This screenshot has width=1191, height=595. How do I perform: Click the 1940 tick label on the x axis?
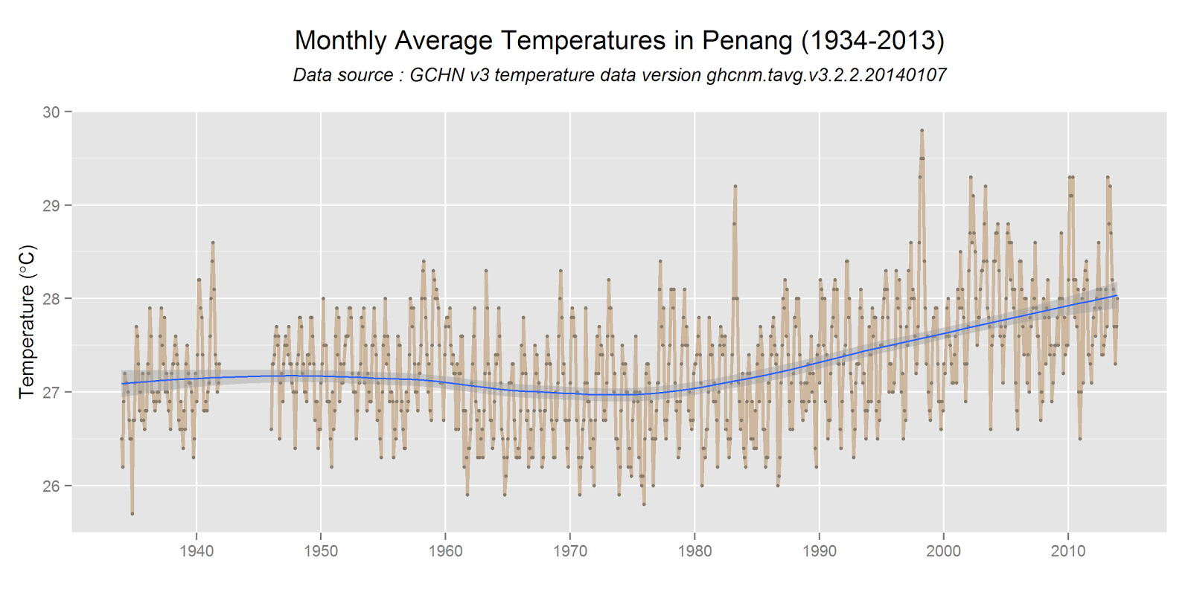pyautogui.click(x=197, y=551)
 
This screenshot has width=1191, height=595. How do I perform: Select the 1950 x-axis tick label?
pyautogui.click(x=321, y=551)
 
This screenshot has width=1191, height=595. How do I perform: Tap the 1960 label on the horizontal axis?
pyautogui.click(x=445, y=551)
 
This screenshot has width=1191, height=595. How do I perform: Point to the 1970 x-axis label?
pyautogui.click(x=570, y=551)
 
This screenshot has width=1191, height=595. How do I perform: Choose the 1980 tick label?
pyautogui.click(x=695, y=551)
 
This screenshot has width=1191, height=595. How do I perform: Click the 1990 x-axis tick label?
pyautogui.click(x=819, y=551)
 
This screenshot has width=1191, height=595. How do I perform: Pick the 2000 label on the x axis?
pyautogui.click(x=943, y=551)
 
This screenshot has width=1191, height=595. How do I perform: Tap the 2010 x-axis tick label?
pyautogui.click(x=1068, y=551)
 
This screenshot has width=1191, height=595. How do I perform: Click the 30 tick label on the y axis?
pyautogui.click(x=51, y=112)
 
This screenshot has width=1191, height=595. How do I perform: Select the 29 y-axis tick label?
pyautogui.click(x=51, y=205)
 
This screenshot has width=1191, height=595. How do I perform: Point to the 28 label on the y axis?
pyautogui.click(x=51, y=299)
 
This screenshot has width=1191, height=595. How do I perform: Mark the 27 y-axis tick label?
pyautogui.click(x=51, y=392)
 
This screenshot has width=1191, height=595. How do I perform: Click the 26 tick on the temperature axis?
pyautogui.click(x=51, y=486)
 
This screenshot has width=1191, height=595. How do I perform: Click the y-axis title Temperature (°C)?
pyautogui.click(x=27, y=321)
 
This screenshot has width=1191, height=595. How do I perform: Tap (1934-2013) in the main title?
pyautogui.click(x=872, y=40)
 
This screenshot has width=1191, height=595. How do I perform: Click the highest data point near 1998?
pyautogui.click(x=922, y=130)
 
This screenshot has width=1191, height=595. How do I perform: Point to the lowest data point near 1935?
pyautogui.click(x=132, y=514)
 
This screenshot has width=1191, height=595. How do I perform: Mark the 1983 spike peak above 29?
pyautogui.click(x=735, y=186)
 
